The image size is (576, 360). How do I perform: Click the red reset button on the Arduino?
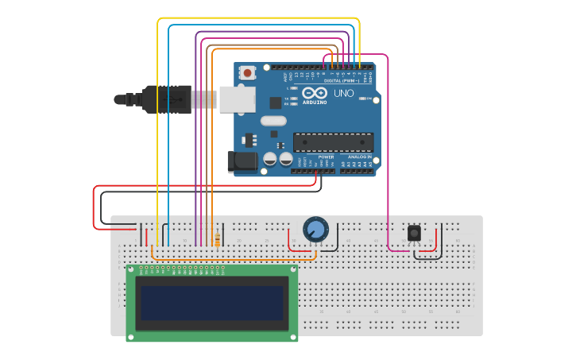click(248, 73)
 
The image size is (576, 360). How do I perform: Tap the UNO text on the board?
click(344, 94)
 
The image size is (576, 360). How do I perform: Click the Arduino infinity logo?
click(314, 93)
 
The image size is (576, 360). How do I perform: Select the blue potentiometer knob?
click(315, 230)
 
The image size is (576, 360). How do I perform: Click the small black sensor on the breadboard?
click(414, 233)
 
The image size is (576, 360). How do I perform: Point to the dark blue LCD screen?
click(211, 303)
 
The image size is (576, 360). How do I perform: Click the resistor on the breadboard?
click(218, 239)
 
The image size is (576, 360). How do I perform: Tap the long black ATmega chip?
click(333, 141)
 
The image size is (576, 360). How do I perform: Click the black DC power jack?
click(242, 162)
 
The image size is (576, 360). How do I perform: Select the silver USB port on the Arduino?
click(237, 99)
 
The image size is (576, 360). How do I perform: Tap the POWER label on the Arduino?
click(326, 157)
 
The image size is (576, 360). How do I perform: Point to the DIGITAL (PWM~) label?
click(342, 80)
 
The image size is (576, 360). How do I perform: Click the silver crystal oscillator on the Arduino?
click(272, 122)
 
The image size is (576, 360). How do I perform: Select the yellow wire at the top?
click(258, 18)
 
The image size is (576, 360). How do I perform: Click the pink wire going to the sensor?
click(388, 159)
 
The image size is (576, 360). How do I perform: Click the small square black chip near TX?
click(275, 103)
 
